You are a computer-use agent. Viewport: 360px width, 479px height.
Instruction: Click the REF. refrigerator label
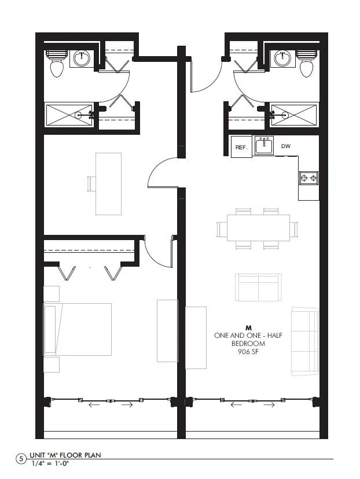tap(241, 148)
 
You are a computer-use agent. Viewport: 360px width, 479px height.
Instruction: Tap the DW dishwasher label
tap(286, 146)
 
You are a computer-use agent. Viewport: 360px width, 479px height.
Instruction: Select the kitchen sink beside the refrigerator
tap(264, 146)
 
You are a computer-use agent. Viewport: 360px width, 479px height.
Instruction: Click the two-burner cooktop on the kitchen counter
tap(308, 178)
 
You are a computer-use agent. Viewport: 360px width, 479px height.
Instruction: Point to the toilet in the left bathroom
tap(57, 64)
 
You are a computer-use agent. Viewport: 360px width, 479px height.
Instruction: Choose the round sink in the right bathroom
tap(282, 58)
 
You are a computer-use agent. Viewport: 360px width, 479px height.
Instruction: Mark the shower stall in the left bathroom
tap(69, 115)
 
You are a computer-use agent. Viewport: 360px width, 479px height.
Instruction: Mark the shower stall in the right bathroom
tap(294, 115)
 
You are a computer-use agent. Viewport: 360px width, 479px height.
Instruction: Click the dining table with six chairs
tap(258, 228)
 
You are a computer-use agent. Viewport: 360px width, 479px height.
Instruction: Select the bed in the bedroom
tap(78, 329)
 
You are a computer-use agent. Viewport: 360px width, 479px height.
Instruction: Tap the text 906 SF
tap(248, 352)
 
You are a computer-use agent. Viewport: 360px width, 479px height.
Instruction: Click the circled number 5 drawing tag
tap(21, 459)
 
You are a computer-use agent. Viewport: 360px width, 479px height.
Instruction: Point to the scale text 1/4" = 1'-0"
tap(50, 463)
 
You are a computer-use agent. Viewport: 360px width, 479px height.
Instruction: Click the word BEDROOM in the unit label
tap(248, 344)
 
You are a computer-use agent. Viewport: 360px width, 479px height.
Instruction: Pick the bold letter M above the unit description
tap(248, 329)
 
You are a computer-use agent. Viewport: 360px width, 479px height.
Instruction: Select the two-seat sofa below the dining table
tap(258, 288)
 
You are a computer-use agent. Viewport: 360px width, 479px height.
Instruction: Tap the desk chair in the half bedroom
tap(91, 183)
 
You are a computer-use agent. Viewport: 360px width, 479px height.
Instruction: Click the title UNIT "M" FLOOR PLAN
tap(65, 455)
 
